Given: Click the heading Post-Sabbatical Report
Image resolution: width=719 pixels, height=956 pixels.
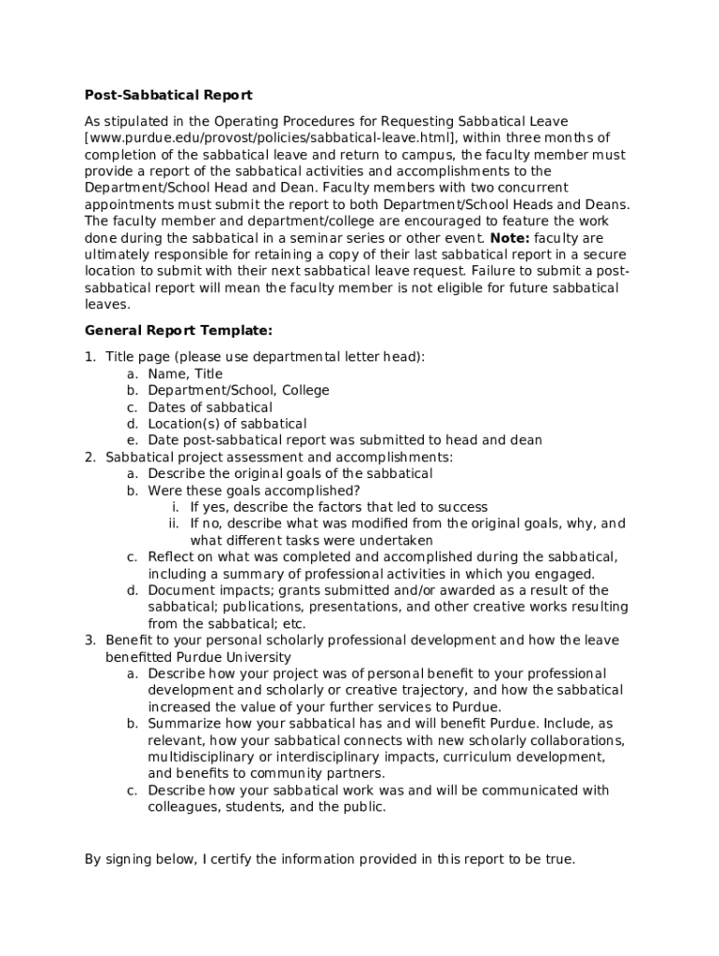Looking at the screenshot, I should [168, 95].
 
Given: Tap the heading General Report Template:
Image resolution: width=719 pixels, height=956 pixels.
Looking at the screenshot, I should [179, 330].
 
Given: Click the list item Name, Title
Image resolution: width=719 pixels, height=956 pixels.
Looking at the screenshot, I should [185, 373].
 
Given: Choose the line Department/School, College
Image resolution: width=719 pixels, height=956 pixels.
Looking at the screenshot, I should [238, 390].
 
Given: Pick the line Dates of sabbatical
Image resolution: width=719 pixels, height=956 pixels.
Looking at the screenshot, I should [210, 407].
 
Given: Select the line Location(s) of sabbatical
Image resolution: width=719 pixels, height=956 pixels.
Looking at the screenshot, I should [227, 424].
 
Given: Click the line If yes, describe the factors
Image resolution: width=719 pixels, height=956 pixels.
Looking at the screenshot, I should [338, 507].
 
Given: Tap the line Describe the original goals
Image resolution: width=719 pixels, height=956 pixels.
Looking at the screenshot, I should [289, 473].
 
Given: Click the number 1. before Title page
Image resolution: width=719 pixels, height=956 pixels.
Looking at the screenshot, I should [91, 357].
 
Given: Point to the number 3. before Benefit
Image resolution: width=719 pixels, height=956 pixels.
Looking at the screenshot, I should [91, 640].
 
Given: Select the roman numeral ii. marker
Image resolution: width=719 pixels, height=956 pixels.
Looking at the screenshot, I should [174, 524].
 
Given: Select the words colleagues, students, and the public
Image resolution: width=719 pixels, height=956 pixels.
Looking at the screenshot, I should [266, 808].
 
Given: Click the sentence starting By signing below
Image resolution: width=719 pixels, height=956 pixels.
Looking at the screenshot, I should [330, 859].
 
